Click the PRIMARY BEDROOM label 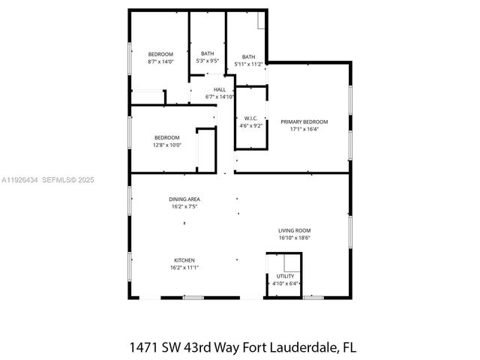(x=304, y=121)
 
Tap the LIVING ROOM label (x=294, y=230)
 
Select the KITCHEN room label (x=184, y=260)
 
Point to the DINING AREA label (x=184, y=199)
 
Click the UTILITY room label (x=284, y=277)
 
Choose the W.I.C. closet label (x=251, y=118)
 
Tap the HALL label (x=220, y=90)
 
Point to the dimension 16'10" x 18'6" (x=294, y=238)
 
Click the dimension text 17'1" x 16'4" (x=304, y=129)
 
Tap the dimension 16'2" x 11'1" (x=184, y=267)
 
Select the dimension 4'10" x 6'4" (x=284, y=283)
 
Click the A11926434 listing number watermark (x=20, y=180)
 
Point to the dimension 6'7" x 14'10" (x=220, y=97)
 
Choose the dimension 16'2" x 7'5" (x=184, y=206)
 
